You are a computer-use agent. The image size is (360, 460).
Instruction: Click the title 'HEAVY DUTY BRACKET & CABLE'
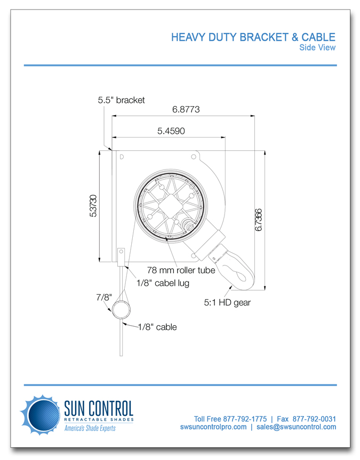[253, 37]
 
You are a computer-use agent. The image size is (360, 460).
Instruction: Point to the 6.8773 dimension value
[186, 110]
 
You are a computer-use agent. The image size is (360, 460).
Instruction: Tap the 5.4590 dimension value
[171, 131]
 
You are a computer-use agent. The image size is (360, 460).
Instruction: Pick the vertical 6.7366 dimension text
[258, 219]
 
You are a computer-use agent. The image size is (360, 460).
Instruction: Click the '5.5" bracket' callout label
[121, 100]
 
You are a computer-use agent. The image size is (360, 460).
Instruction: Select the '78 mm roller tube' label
[181, 271]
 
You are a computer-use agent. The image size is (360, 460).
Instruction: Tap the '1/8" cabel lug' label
[163, 284]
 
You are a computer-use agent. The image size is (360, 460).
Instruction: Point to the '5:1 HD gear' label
[227, 303]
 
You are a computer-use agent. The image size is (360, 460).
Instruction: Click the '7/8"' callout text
[103, 297]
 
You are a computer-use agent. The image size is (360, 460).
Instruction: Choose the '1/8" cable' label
[157, 327]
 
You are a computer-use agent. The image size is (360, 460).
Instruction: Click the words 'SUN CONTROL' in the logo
[98, 409]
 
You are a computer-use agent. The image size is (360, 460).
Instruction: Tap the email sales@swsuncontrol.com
[296, 427]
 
